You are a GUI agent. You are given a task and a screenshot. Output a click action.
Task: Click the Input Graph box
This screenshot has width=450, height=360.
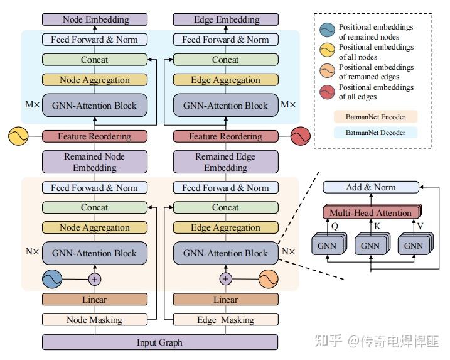[159, 342]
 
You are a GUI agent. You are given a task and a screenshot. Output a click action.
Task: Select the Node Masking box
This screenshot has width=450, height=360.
[94, 320]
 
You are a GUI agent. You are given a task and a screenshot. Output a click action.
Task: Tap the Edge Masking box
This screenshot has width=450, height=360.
[225, 320]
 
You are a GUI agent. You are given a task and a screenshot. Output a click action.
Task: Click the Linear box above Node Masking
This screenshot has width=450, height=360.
[94, 300]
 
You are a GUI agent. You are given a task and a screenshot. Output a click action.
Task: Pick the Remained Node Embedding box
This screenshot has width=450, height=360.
[94, 162]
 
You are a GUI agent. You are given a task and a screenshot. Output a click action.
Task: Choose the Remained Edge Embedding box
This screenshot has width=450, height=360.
[225, 162]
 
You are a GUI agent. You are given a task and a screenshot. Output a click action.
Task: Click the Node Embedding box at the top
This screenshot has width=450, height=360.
[94, 19]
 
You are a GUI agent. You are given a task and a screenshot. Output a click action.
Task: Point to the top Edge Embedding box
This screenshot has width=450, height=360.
[225, 19]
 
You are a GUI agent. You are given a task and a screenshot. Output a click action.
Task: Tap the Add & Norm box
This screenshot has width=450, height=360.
[370, 187]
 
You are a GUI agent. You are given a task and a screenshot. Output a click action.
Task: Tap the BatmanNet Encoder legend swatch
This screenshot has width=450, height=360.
[375, 117]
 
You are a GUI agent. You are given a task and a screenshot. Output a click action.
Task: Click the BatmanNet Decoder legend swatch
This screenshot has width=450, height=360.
[375, 133]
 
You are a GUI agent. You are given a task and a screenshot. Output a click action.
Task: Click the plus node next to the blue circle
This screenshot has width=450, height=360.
[95, 278]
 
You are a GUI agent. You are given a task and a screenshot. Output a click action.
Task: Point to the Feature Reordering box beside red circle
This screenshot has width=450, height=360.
[225, 136]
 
